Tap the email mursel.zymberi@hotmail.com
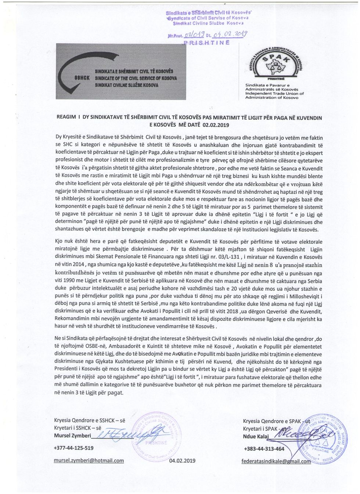[x=89, y=461]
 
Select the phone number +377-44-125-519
[x=73, y=448]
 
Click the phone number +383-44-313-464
[x=264, y=448]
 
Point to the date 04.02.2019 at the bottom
[x=183, y=461]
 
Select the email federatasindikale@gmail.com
[x=276, y=461]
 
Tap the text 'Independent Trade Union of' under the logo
[x=274, y=93]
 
